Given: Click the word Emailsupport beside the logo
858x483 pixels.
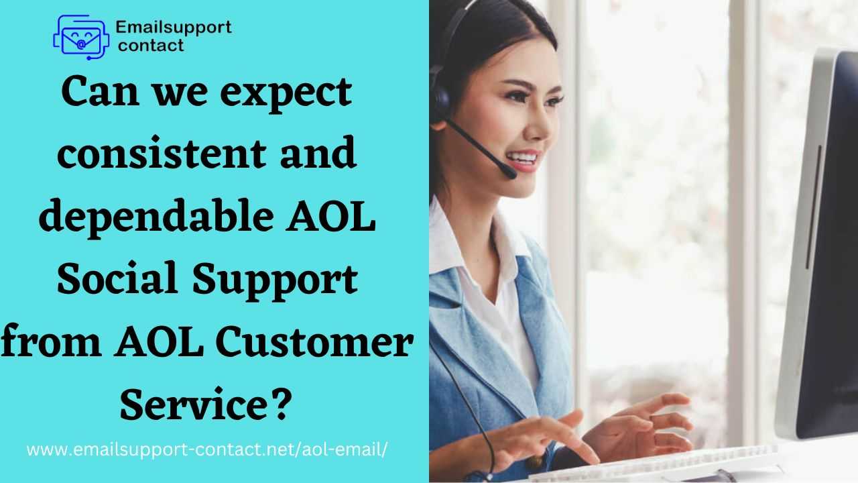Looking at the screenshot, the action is pos(174,28).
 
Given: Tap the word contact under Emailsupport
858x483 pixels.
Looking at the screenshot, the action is pos(151,46).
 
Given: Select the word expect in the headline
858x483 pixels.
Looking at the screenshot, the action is pos(286,93).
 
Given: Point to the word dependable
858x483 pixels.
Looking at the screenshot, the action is pos(156,215).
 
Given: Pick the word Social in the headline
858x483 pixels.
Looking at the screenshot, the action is pos(117,278).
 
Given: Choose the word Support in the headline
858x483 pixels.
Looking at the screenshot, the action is pos(275,281).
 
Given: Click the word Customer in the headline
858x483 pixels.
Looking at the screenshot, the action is pos(314,341).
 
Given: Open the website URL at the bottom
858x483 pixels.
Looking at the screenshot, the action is pos(207,449).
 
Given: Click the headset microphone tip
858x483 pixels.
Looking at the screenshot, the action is pos(510,173).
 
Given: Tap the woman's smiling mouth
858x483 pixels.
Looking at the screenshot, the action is pos(522,160).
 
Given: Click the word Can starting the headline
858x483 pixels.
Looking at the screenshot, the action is pos(101,92).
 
